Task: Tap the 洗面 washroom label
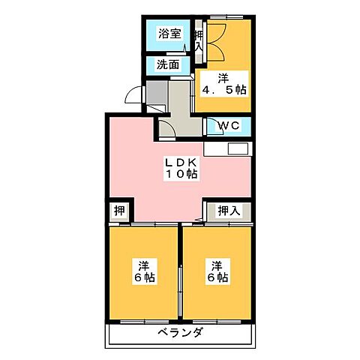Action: [168, 64]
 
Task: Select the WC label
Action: [229, 125]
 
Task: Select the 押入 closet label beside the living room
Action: [229, 211]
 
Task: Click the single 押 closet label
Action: [118, 211]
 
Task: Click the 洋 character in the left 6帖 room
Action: [143, 265]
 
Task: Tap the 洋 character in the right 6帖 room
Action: [217, 265]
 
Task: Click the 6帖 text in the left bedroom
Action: [143, 278]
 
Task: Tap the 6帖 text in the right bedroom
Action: [217, 278]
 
